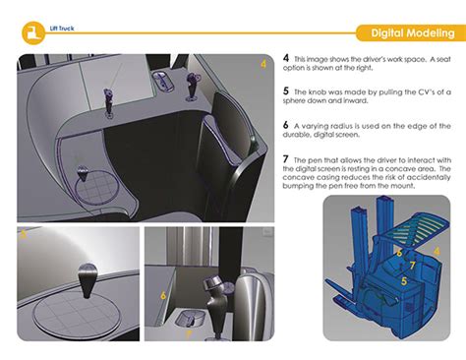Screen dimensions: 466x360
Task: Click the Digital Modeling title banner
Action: point(411,32)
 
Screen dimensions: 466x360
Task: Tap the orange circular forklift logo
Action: point(33,33)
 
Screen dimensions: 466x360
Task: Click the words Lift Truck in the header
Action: point(62,29)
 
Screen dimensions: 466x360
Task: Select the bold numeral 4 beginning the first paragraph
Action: point(286,58)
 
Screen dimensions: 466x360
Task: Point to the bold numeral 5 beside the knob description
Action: point(286,90)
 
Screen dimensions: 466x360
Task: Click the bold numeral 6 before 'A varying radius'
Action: point(286,125)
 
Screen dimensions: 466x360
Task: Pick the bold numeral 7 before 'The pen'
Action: point(286,159)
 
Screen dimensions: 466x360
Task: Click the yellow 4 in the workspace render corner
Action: point(263,64)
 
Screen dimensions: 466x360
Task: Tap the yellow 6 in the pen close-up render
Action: point(163,295)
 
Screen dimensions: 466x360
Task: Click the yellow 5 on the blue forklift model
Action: point(404,281)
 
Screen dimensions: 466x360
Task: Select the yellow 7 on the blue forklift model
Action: point(412,266)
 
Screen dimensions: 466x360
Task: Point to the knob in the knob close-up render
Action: point(87,280)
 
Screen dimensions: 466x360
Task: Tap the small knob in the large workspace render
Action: point(83,173)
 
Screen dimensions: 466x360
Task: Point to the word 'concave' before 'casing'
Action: point(297,177)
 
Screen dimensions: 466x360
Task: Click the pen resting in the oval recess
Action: point(190,320)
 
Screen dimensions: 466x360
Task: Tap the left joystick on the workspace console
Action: point(108,101)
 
